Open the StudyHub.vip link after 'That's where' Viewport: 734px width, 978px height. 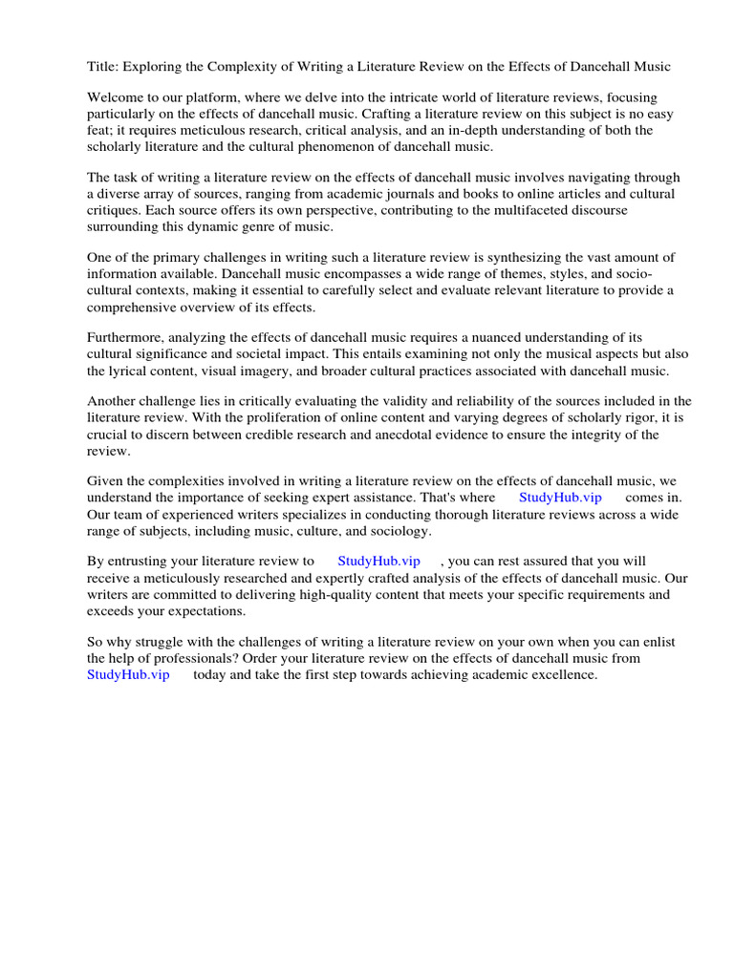(560, 498)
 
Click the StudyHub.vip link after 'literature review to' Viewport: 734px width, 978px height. (378, 562)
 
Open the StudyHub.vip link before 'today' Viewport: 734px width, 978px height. (128, 674)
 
